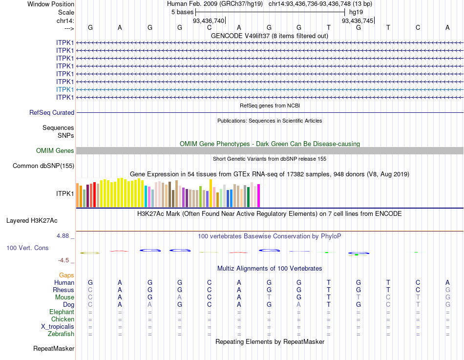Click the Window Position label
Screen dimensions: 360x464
point(51,4)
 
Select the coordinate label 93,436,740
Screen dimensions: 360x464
point(209,21)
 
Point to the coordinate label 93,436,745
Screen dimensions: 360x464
point(358,21)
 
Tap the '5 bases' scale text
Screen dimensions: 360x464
point(182,12)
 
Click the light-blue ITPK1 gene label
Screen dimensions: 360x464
point(65,89)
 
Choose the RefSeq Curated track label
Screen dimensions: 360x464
point(52,112)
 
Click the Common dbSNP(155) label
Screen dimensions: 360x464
point(43,166)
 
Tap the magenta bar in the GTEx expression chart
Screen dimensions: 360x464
point(258,195)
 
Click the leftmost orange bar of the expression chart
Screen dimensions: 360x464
point(78,195)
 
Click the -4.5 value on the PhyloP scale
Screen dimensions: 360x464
point(64,260)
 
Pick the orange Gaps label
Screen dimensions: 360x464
point(66,275)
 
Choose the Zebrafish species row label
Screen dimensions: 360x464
point(61,334)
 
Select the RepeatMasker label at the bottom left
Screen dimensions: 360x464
point(54,349)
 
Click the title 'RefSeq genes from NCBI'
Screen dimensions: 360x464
point(270,106)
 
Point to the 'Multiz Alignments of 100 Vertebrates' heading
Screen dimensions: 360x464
point(270,269)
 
